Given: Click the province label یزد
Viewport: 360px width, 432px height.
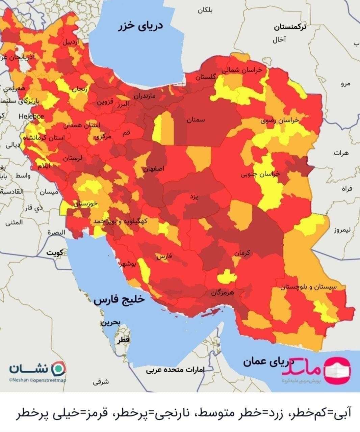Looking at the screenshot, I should pyautogui.click(x=194, y=196).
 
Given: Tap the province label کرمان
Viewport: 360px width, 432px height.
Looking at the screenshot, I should pyautogui.click(x=242, y=253).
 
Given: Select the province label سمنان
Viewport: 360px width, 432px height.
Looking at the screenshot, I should pyautogui.click(x=196, y=120).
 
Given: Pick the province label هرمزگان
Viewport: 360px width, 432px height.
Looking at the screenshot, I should pyautogui.click(x=222, y=292).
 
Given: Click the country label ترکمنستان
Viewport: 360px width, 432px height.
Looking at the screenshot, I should pyautogui.click(x=290, y=27).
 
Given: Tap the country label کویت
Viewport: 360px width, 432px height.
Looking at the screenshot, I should pyautogui.click(x=55, y=253).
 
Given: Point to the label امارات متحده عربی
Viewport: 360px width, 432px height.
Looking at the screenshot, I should pyautogui.click(x=175, y=370).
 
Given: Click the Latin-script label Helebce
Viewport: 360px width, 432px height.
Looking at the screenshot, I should pyautogui.click(x=31, y=116).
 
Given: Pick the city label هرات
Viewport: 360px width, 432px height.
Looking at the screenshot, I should pyautogui.click(x=341, y=153).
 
